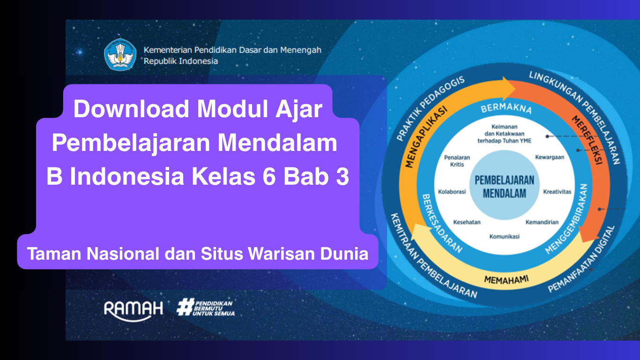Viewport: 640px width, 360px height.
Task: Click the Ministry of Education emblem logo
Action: tap(120, 54)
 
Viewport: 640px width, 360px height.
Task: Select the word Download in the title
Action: tap(131, 109)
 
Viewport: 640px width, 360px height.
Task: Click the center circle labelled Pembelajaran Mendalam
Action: tap(504, 185)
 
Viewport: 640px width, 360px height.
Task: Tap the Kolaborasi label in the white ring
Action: tap(452, 192)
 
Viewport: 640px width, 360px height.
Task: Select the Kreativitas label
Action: tap(557, 192)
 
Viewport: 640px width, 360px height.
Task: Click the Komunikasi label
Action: tap(504, 236)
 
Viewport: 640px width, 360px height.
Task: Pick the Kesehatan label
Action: tap(467, 222)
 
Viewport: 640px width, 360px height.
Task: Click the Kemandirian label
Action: tap(542, 222)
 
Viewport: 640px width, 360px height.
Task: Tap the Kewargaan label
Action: tap(550, 157)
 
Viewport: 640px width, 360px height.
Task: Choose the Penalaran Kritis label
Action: tap(457, 161)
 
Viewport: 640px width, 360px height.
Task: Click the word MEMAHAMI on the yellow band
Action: tap(506, 279)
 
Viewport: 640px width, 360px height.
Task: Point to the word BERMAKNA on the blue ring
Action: tap(506, 109)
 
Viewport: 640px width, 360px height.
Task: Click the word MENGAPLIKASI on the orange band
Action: tap(425, 137)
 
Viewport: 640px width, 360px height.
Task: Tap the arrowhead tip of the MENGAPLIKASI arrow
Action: tap(516, 89)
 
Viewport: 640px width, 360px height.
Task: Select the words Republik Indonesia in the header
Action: tap(180, 61)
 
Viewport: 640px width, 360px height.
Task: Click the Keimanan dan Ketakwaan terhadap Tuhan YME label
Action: tap(504, 134)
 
